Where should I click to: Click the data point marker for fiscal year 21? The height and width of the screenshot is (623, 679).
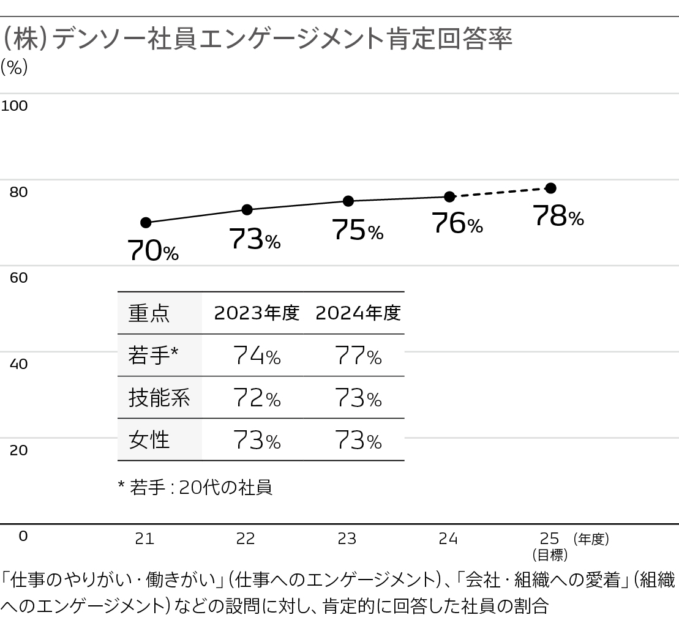coord(146,222)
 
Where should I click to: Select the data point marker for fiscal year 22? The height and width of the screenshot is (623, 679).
coord(247,210)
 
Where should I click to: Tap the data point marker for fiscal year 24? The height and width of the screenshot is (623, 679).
coord(449,196)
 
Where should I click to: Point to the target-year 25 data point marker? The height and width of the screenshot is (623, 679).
coord(550,188)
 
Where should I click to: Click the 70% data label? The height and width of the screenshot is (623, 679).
coord(153,250)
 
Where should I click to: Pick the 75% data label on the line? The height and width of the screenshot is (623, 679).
coord(358,231)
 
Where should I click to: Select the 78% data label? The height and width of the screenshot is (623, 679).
coord(558,217)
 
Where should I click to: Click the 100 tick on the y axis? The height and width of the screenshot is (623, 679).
coord(15,106)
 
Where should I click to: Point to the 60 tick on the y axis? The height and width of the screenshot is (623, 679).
coord(18,278)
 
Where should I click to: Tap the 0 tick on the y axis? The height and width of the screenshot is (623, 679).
coord(23,536)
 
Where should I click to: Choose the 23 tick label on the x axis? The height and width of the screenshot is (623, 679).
coord(347,539)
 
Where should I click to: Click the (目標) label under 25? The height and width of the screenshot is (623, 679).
coord(550,555)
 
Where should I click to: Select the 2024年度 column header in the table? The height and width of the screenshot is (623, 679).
coord(358,313)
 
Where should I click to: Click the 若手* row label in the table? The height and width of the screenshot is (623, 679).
coord(153,355)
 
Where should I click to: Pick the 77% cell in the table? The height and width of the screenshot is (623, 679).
coord(358,356)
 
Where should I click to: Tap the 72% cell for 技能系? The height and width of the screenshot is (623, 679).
coord(257,398)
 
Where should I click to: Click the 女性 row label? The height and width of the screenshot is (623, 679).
coord(149,440)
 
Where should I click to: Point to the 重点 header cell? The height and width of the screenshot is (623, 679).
coord(149,313)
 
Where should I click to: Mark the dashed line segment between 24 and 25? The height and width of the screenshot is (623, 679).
coord(500,192)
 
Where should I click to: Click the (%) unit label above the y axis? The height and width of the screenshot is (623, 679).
coord(15,67)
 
